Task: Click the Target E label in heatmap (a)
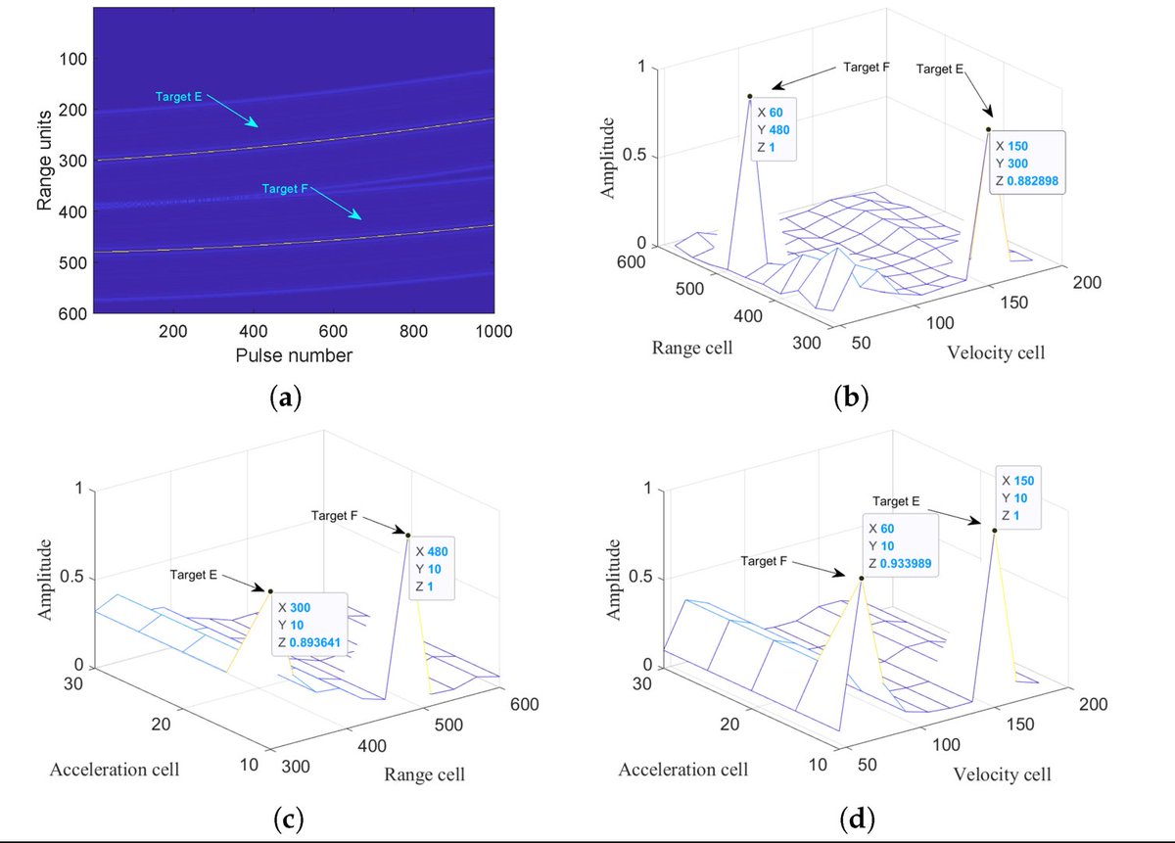point(182,96)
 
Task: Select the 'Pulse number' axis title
point(293,356)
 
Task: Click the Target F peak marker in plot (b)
point(750,96)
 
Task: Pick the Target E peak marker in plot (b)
point(989,129)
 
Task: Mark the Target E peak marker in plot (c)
point(270,589)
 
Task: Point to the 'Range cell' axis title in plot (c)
point(425,774)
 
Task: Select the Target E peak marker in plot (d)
point(995,531)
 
